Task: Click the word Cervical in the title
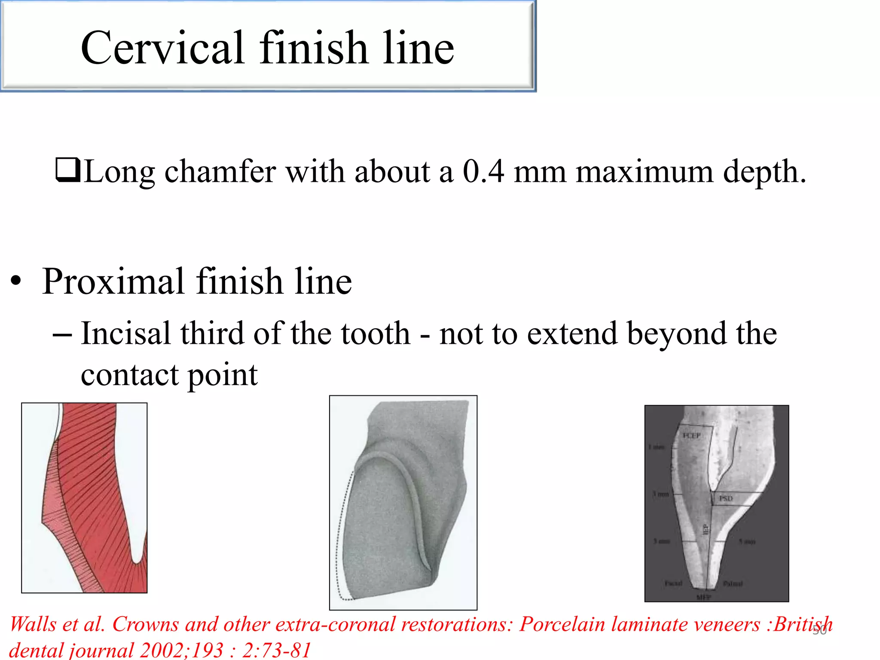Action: point(163,48)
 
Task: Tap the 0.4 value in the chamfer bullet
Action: point(483,171)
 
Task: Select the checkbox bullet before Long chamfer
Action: point(67,170)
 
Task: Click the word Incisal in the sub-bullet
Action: point(126,333)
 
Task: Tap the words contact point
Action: point(169,375)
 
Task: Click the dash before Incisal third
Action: point(62,334)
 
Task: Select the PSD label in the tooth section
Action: point(726,498)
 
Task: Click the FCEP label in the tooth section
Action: point(692,436)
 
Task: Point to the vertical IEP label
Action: point(705,529)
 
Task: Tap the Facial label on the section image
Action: point(673,584)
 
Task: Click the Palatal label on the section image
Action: point(733,584)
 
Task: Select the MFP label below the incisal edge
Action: point(703,597)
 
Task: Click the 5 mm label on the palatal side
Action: point(747,541)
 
